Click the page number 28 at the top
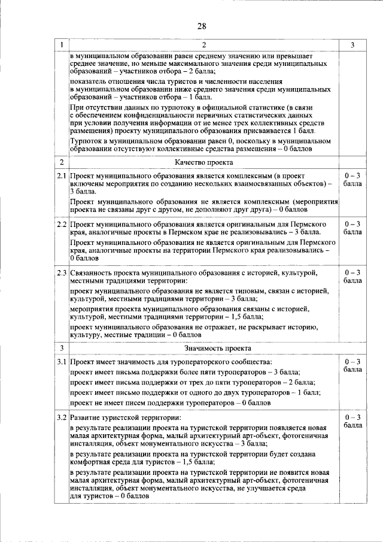(201, 26)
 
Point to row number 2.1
(62, 178)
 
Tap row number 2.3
(62, 272)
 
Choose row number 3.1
(62, 362)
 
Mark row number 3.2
(62, 417)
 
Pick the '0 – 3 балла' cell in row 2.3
(352, 276)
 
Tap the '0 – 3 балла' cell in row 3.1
(352, 366)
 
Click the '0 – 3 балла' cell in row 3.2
(352, 420)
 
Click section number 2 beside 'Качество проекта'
(62, 162)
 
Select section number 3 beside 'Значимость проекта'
(62, 348)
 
